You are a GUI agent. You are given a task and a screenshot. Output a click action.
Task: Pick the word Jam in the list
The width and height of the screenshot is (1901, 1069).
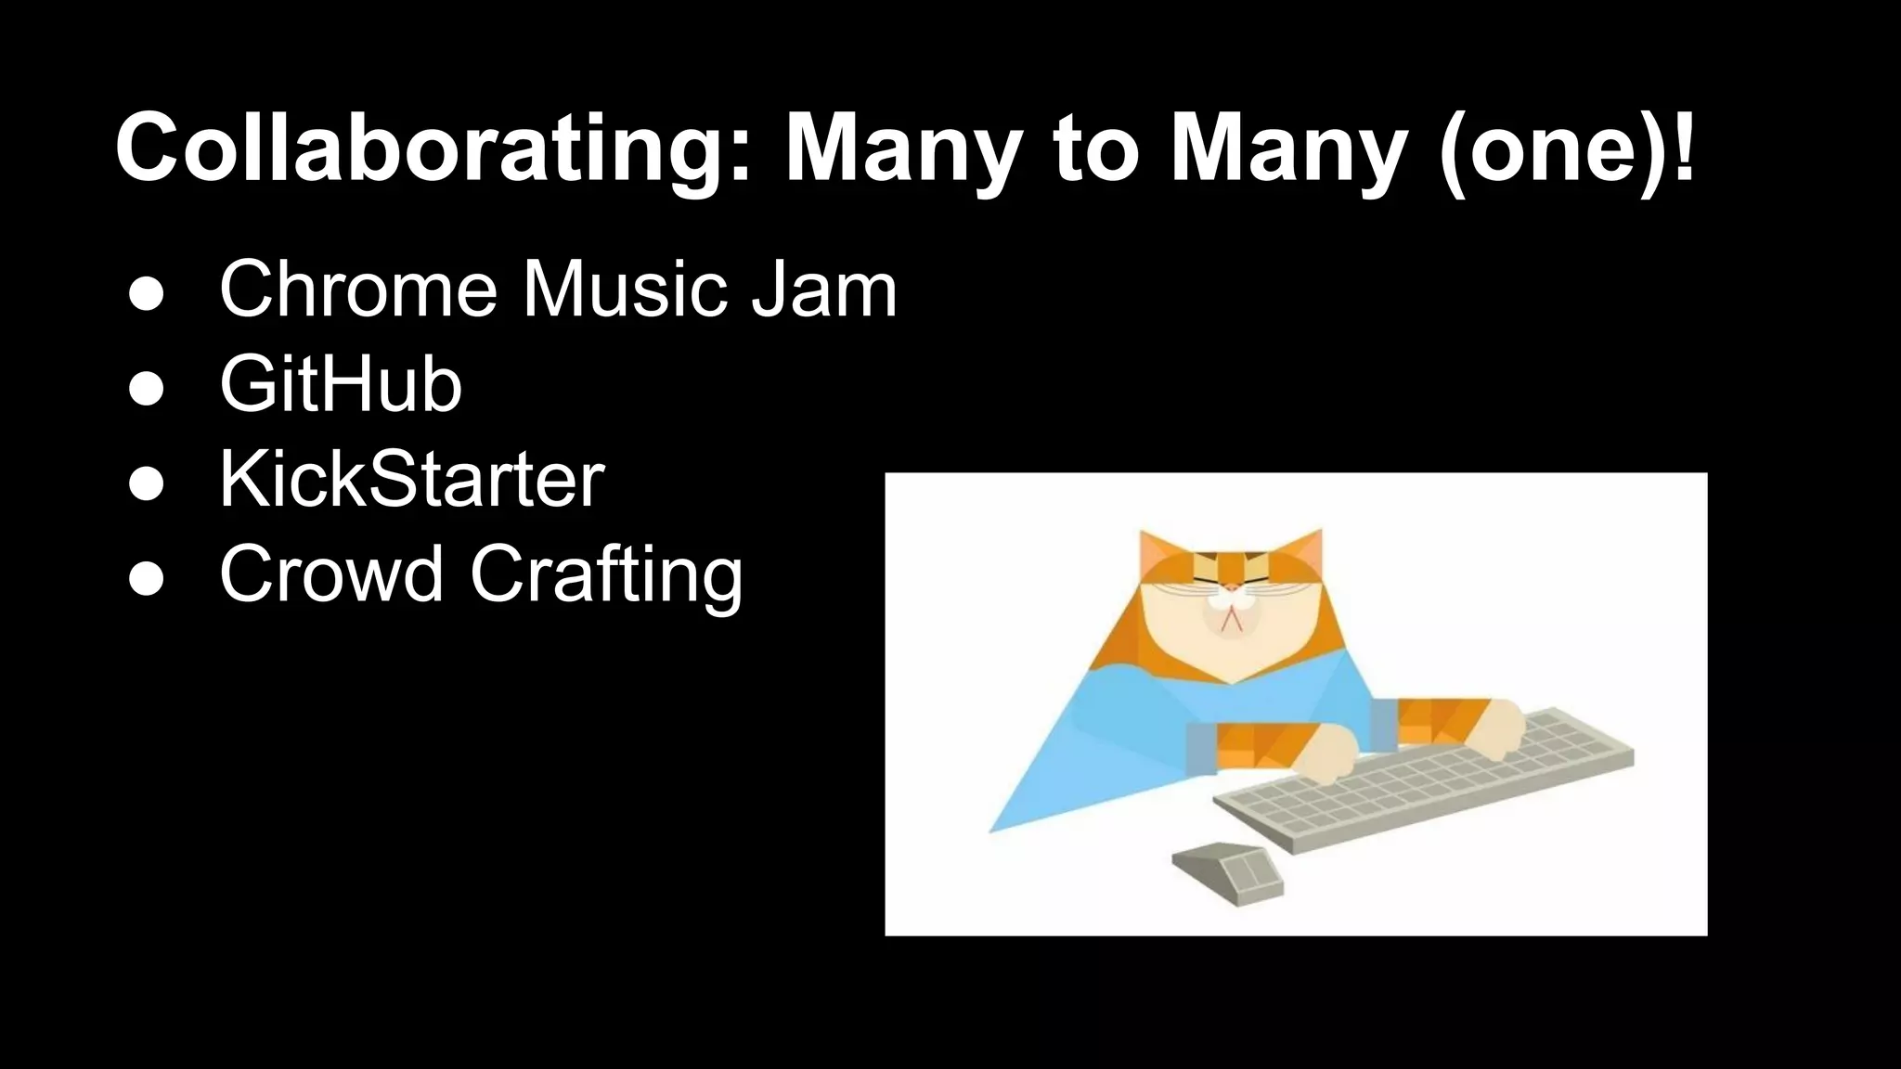pos(823,290)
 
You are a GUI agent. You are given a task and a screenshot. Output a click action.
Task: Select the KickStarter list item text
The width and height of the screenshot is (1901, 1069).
pos(411,480)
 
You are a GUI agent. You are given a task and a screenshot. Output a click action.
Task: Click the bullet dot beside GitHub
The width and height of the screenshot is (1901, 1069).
pos(147,389)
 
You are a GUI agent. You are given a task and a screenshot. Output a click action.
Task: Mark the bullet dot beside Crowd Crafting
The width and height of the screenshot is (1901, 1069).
pos(147,578)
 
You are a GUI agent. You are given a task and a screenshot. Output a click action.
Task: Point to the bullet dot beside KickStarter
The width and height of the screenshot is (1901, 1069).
pos(147,483)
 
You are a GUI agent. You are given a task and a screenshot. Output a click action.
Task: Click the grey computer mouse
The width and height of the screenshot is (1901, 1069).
pos(1227,872)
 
